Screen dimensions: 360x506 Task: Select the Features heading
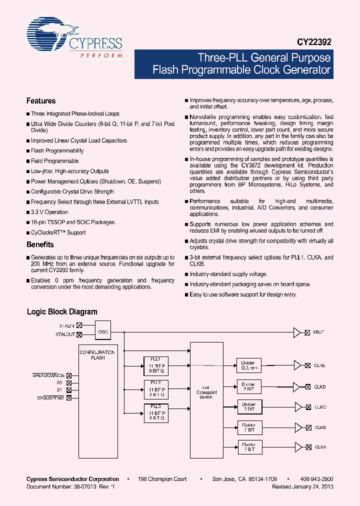pyautogui.click(x=41, y=100)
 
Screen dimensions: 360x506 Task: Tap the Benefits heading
pyautogui.click(x=40, y=244)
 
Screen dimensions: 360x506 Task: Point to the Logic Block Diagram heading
pyautogui.click(x=62, y=311)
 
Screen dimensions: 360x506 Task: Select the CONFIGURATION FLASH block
pyautogui.click(x=98, y=355)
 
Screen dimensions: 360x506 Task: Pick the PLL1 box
pyautogui.click(x=156, y=365)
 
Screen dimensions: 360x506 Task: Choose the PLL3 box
pyautogui.click(x=156, y=412)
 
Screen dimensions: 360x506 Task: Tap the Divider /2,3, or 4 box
pyautogui.click(x=248, y=365)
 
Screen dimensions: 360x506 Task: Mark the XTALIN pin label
pyautogui.click(x=66, y=325)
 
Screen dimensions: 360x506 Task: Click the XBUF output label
pyautogui.click(x=318, y=332)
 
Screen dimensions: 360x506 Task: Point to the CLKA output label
pyautogui.click(x=319, y=447)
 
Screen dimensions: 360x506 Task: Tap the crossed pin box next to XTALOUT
pyautogui.click(x=79, y=335)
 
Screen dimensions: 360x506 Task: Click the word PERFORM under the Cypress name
pyautogui.click(x=101, y=55)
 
